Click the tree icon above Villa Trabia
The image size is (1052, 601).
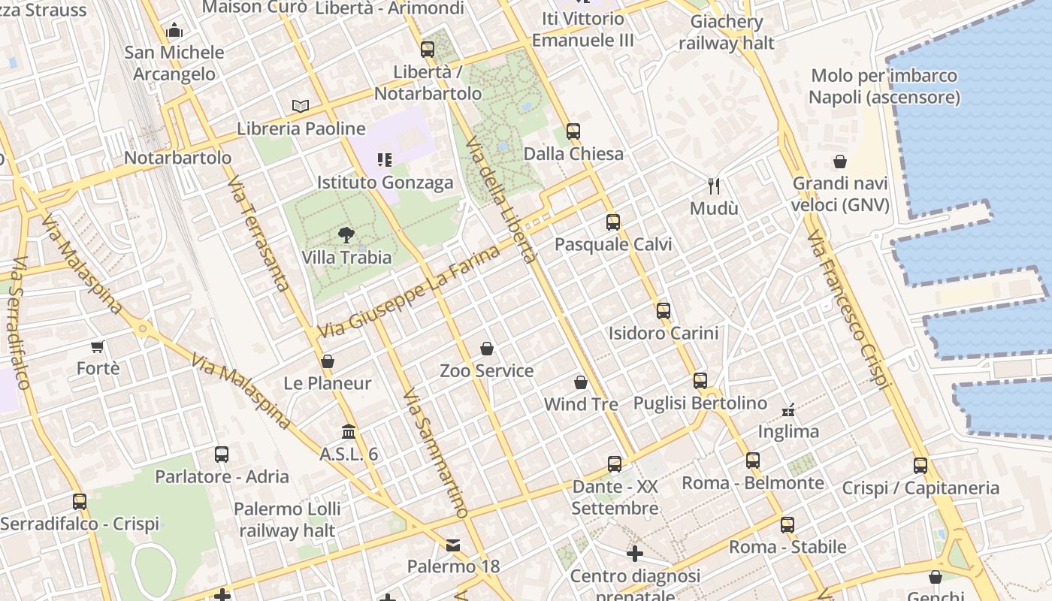[x=346, y=235]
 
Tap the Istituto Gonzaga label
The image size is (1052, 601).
[x=385, y=183]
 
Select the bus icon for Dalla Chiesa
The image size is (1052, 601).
[x=573, y=131]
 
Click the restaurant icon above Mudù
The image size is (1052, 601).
[x=714, y=186]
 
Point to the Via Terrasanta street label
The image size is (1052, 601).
[x=258, y=234]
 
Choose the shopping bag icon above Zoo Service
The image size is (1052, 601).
[x=487, y=349]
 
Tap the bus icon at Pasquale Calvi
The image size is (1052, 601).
[x=613, y=222]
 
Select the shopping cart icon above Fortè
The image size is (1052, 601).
[x=97, y=346]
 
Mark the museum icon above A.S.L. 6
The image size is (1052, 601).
[x=349, y=432]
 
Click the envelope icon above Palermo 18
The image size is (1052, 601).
[x=453, y=545]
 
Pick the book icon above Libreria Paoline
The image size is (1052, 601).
[x=301, y=106]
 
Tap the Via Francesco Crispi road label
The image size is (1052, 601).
[x=848, y=310]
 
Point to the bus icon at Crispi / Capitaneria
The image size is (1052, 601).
[x=920, y=466]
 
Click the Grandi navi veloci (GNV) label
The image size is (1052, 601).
[x=840, y=194]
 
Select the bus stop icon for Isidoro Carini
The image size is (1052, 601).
[x=663, y=310]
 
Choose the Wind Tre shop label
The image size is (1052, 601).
[x=581, y=404]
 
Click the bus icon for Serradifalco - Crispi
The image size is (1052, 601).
[x=80, y=501]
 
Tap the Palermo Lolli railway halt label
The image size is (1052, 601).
[x=287, y=519]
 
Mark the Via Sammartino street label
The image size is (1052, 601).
[x=435, y=453]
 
